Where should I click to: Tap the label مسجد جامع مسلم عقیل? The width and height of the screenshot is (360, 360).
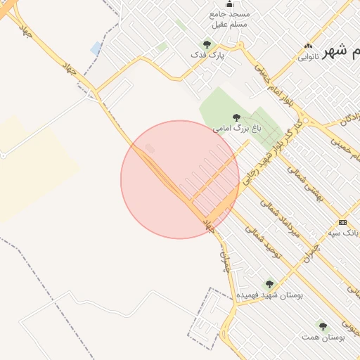tap(230, 19)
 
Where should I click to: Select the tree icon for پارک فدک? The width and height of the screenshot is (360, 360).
tap(207, 44)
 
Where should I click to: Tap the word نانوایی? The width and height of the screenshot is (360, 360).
tap(308, 56)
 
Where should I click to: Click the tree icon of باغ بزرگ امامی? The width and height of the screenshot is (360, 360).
tap(236, 117)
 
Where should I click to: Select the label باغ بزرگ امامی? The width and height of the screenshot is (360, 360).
tap(237, 129)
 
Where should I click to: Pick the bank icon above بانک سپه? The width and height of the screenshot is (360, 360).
tap(342, 221)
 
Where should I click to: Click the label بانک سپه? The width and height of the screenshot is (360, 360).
tap(344, 232)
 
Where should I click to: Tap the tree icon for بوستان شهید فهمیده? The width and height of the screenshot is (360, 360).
tap(269, 284)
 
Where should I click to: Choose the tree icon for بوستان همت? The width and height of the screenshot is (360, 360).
tap(323, 326)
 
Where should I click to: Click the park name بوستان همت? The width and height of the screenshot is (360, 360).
tap(324, 337)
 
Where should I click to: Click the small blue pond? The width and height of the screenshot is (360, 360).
tap(96, 48)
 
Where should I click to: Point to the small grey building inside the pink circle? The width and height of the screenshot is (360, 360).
tap(150, 148)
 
